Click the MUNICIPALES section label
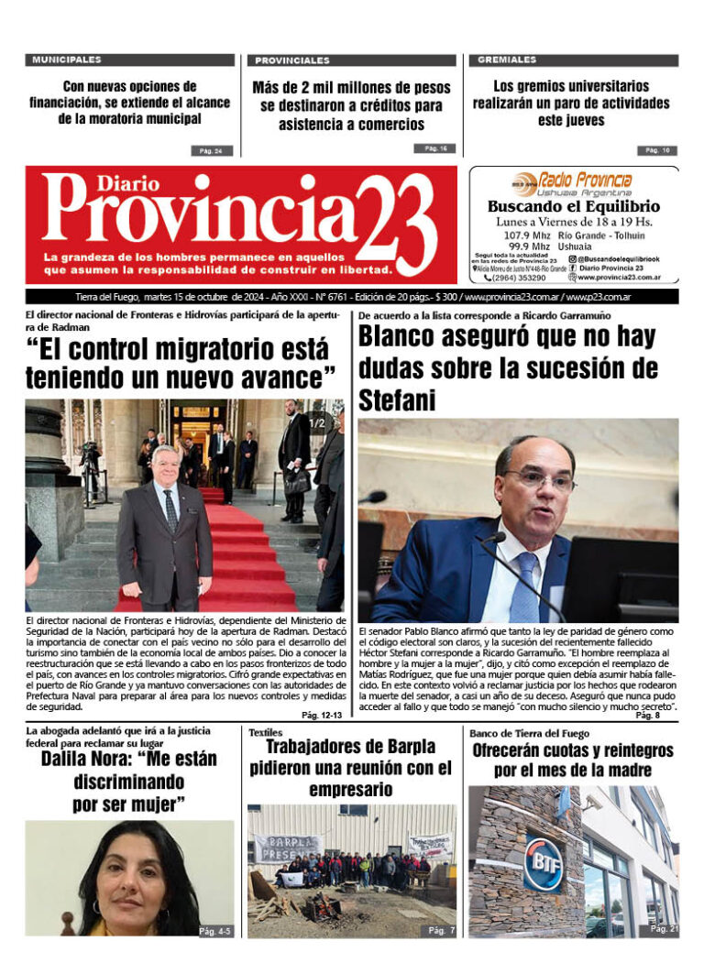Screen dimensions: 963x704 [x=67, y=60]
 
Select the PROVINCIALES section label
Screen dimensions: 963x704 [x=291, y=60]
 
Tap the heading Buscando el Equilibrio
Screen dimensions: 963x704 [x=574, y=207]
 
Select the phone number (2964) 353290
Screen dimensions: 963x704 [x=518, y=277]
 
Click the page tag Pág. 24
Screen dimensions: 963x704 [x=212, y=150]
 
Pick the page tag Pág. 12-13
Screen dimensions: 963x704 [x=321, y=715]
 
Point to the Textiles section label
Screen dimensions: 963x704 [x=266, y=733]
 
